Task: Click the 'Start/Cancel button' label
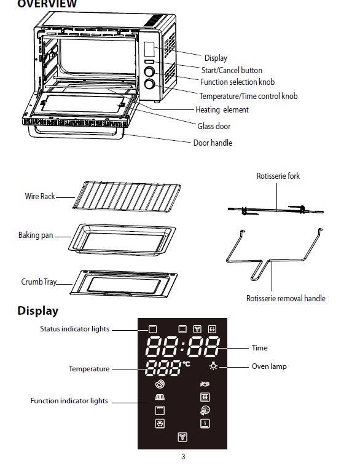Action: click(232, 71)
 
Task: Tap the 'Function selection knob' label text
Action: click(237, 82)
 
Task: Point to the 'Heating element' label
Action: click(222, 109)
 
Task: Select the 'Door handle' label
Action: click(213, 143)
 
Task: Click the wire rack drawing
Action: click(127, 196)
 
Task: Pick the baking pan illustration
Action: click(122, 240)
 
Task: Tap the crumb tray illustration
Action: click(124, 283)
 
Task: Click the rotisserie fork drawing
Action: click(275, 210)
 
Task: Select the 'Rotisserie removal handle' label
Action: click(286, 298)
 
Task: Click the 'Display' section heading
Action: click(37, 310)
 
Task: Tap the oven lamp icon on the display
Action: click(213, 366)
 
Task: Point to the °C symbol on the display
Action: click(186, 364)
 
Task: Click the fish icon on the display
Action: click(205, 384)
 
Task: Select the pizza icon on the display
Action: click(205, 410)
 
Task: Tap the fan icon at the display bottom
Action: click(182, 437)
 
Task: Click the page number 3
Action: click(183, 457)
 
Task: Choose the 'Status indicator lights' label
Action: click(74, 329)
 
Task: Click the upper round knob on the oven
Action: click(149, 72)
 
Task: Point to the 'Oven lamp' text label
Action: click(269, 366)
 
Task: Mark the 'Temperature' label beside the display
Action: click(89, 369)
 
